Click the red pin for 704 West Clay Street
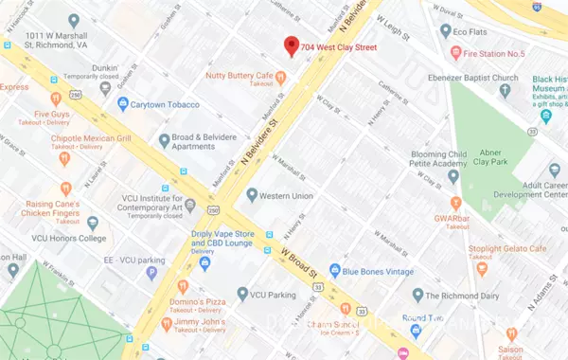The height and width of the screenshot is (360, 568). click(x=292, y=45)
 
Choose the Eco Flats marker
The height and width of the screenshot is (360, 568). click(x=445, y=30)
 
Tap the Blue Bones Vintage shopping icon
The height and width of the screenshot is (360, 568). click(x=334, y=271)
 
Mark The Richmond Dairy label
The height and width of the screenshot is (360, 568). click(x=464, y=296)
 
